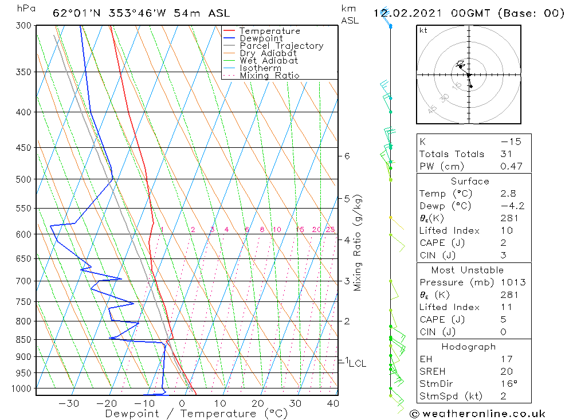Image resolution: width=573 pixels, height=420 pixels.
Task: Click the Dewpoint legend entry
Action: click(x=261, y=38)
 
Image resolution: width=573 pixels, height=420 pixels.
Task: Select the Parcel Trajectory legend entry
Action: click(x=281, y=46)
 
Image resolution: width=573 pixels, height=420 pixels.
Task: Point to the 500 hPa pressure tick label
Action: click(x=23, y=179)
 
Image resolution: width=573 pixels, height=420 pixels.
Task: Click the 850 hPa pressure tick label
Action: click(x=23, y=340)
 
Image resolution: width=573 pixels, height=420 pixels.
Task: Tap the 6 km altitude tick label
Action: click(x=347, y=156)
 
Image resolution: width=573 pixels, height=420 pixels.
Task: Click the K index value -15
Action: click(x=508, y=142)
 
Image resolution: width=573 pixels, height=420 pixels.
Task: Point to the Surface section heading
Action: click(x=470, y=182)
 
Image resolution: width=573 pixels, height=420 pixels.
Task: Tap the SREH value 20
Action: click(x=507, y=371)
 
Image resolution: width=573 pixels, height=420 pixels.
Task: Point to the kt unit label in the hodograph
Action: click(x=423, y=31)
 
